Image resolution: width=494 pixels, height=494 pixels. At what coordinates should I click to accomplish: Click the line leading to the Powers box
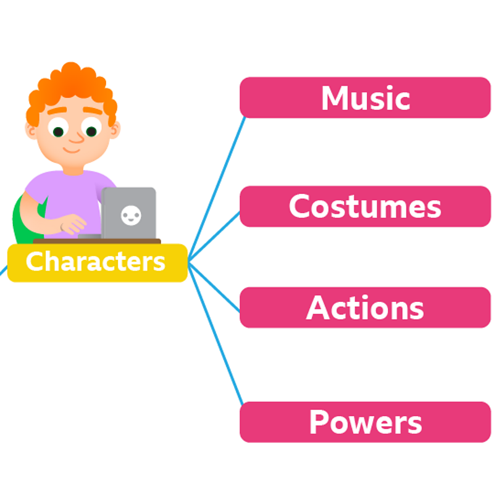tap(216, 333)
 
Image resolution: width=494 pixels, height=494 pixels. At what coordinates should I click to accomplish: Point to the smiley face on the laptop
tap(130, 215)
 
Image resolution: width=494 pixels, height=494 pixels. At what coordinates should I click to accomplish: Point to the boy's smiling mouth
tap(74, 149)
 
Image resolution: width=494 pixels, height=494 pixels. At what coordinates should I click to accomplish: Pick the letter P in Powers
tap(319, 422)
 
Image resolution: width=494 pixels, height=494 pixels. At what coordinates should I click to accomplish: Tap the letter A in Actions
tap(317, 308)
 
